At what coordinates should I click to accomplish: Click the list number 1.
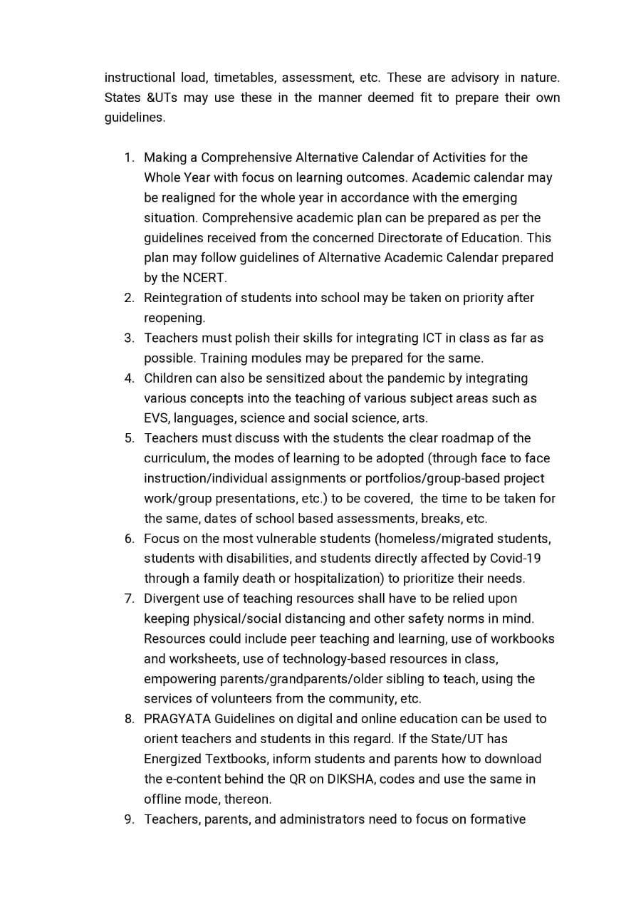coord(128,157)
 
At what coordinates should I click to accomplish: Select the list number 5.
coord(128,438)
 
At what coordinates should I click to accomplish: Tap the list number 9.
coord(128,819)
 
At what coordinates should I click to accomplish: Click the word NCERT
coord(204,278)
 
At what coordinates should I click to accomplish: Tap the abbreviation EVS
coord(156,418)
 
